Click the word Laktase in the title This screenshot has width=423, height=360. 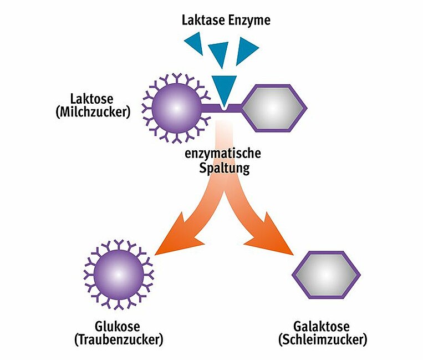coord(204,21)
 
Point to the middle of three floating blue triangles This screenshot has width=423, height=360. coord(220,54)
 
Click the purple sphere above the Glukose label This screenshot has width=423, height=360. coord(118,274)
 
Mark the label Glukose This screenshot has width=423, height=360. coord(117,326)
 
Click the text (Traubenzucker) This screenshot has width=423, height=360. coord(118,339)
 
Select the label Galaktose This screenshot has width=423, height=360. coord(323,326)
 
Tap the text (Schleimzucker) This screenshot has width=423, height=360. coord(323,339)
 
